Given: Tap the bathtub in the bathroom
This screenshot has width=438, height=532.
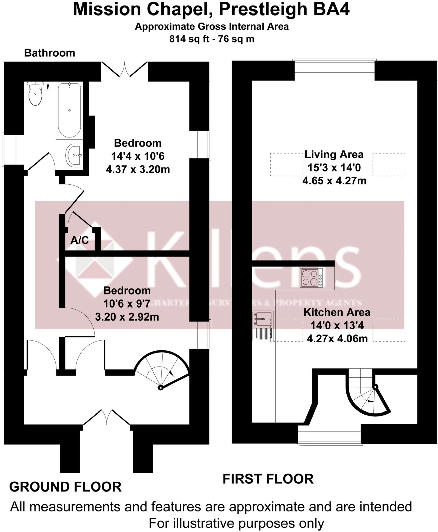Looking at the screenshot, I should [x=69, y=110].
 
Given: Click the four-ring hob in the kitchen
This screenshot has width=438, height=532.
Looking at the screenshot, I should [x=311, y=278].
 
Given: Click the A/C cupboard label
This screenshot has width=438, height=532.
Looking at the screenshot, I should [x=80, y=240].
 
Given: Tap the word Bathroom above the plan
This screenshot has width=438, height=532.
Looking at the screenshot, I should [x=49, y=53].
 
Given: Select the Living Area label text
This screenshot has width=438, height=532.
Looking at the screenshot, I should [x=334, y=154].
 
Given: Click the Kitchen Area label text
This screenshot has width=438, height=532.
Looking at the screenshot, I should [x=337, y=312].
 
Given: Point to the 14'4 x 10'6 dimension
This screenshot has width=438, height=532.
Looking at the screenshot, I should [x=138, y=156].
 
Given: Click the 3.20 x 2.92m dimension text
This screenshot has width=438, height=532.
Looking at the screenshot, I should [x=127, y=317].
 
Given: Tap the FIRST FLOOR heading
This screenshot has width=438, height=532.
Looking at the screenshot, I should [x=268, y=479].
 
